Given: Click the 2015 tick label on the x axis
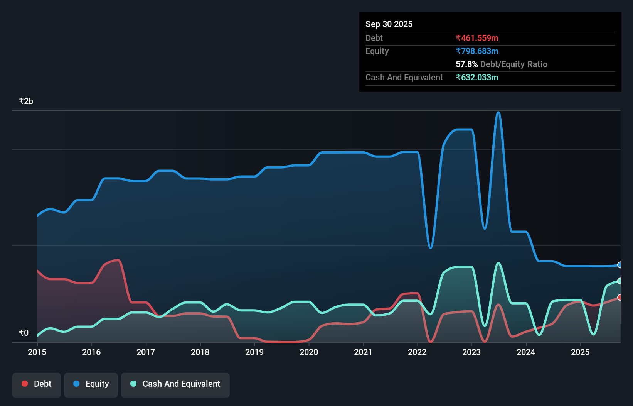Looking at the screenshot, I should coord(37,352).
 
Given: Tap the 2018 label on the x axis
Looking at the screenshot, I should coord(200,352).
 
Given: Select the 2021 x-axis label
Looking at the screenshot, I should coord(363,352).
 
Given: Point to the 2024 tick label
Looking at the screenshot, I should coord(526,352).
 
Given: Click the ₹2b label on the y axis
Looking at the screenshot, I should coord(26,101).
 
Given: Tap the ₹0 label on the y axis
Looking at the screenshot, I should coord(24,333).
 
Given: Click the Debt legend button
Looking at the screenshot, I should coord(37,384).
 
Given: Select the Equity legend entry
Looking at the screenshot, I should coord(91,384).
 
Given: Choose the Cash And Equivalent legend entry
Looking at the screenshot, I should coord(175,384).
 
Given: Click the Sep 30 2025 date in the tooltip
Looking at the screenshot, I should coord(389,24).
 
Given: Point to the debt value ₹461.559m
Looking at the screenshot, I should coord(477,38).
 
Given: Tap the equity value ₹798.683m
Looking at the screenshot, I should coord(477,51).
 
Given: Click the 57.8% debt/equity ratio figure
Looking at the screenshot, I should coord(466,64).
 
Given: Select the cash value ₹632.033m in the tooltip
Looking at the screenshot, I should coord(477,77).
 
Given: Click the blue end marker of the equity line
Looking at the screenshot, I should coord(620,265).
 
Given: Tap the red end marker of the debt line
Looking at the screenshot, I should coord(620,297).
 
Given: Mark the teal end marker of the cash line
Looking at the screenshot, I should coord(620,281).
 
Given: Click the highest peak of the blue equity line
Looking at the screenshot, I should coord(498,112).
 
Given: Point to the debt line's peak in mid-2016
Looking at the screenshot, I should coord(118,260).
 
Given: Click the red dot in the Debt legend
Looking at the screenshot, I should coord(25,384).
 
